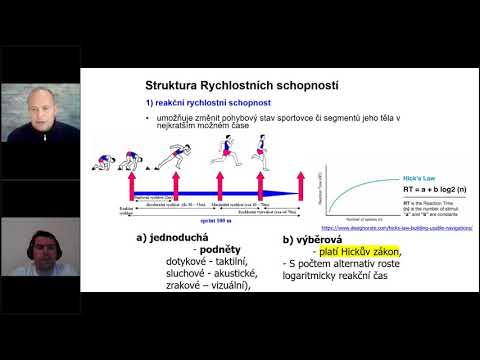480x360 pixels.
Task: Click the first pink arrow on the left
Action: coord(130,188)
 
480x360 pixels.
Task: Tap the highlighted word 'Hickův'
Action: coord(332,250)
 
